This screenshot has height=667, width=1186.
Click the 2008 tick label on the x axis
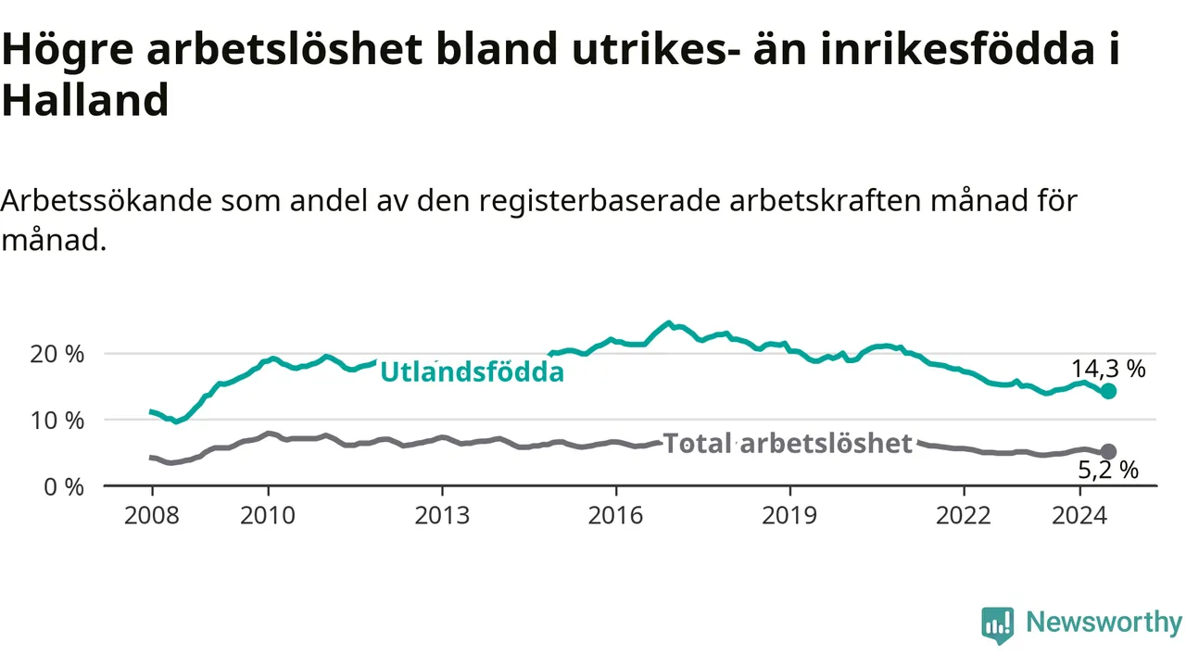coord(152,516)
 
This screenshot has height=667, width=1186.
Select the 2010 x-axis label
coord(268,516)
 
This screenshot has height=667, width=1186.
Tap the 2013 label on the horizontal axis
coord(442,516)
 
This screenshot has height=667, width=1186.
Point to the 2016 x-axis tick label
coord(616,516)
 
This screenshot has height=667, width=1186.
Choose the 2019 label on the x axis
coord(790,516)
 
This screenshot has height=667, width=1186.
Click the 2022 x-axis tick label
coord(964,516)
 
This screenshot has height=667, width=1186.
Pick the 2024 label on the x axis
coord(1079,516)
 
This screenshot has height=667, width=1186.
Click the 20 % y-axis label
coord(57,354)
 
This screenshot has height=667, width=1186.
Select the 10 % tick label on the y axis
coord(57,421)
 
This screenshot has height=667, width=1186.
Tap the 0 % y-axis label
coord(64,487)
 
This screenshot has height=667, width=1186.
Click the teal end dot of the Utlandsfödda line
coord(1109,391)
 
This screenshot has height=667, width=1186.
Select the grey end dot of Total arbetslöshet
coord(1109,451)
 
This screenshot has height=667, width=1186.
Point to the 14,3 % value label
coord(1109,369)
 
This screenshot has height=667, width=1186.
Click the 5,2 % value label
coord(1108,470)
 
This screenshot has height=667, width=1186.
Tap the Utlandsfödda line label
coord(473,371)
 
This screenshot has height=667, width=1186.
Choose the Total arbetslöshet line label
coord(788,443)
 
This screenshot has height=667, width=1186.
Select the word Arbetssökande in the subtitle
coord(107,201)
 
